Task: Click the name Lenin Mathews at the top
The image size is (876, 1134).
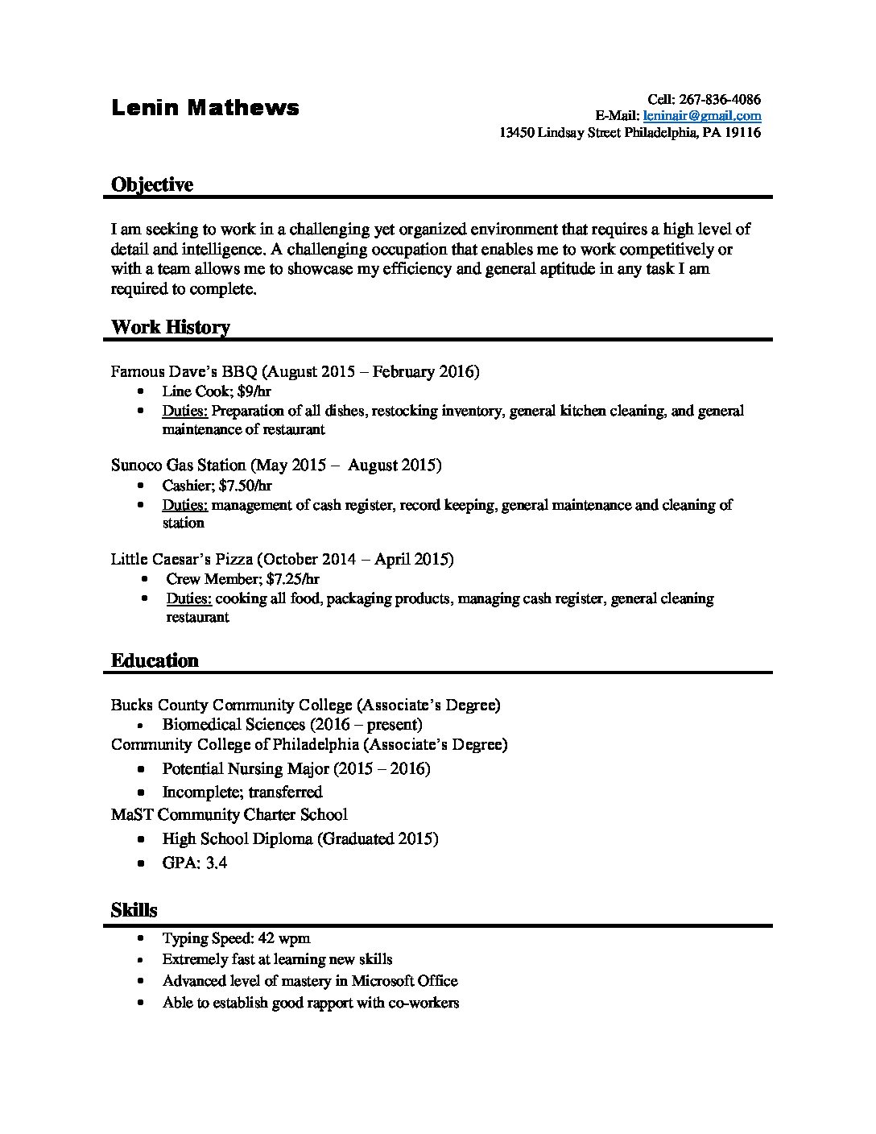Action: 205,108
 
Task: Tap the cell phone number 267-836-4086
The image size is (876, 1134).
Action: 720,100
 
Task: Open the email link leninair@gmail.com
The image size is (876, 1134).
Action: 702,116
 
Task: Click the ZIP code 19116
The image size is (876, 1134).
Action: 742,133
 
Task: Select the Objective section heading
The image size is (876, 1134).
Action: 151,185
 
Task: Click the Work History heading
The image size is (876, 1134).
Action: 170,327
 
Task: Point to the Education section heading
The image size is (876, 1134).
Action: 154,661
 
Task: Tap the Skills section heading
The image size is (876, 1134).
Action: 134,911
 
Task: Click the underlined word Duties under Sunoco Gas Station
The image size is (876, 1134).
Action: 185,506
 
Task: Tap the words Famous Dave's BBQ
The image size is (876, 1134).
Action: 184,372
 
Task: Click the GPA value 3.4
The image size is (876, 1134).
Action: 217,863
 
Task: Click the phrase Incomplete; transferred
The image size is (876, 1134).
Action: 242,792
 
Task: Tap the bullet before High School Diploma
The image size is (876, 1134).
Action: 142,839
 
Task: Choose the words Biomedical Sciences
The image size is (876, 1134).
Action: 233,725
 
